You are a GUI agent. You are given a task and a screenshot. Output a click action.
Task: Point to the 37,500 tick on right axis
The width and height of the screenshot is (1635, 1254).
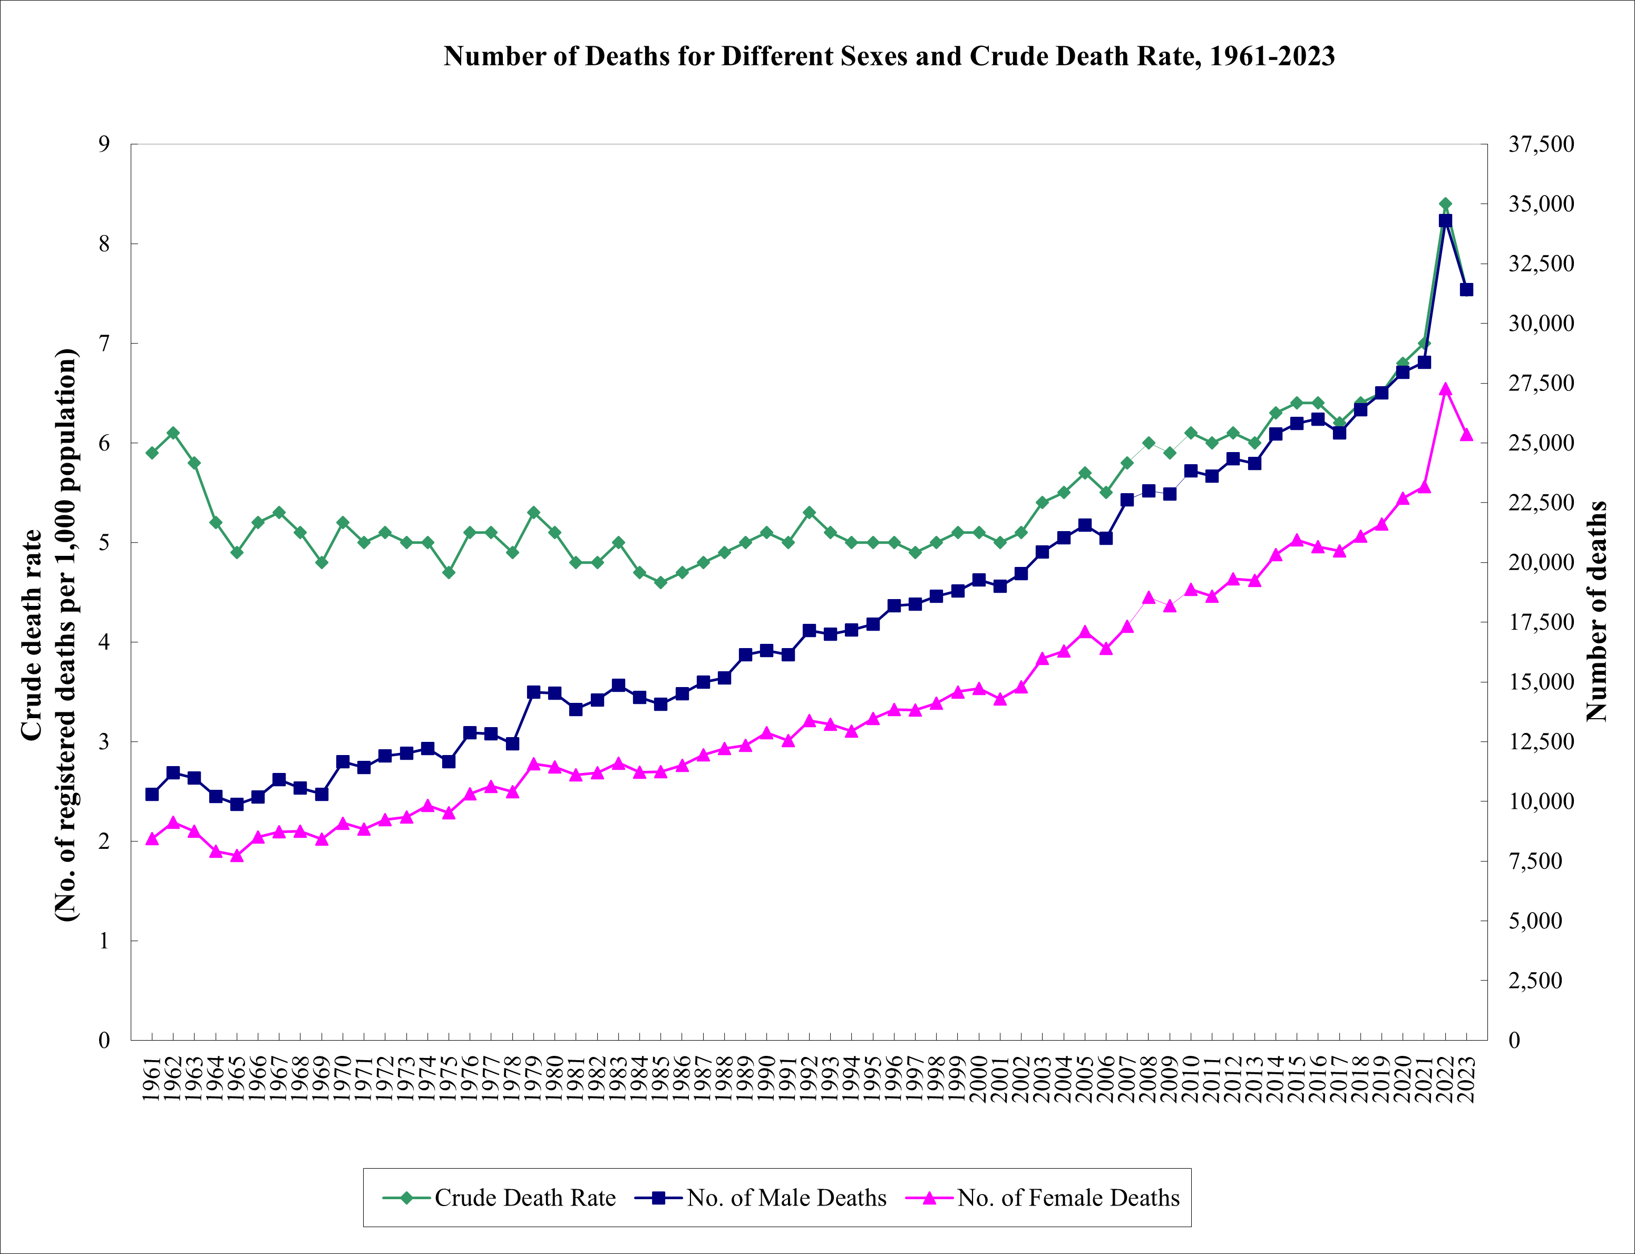[x=1540, y=144]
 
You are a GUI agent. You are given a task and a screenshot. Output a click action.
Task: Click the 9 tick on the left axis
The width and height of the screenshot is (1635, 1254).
[x=104, y=144]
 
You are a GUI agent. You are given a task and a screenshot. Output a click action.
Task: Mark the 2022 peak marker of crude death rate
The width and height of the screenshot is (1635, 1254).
[x=1445, y=204]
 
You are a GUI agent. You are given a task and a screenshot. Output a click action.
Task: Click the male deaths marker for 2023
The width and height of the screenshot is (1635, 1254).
[x=1465, y=290]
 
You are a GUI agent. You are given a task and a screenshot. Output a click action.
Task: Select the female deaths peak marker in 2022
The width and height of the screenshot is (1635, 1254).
[x=1445, y=389]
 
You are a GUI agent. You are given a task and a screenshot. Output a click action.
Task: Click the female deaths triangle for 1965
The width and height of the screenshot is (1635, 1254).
[x=237, y=856]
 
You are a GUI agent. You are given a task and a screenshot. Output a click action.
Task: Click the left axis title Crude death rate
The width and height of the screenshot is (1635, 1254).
[x=31, y=634]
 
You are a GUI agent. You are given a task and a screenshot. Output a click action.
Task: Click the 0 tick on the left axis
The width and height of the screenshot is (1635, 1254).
[x=104, y=1040]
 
